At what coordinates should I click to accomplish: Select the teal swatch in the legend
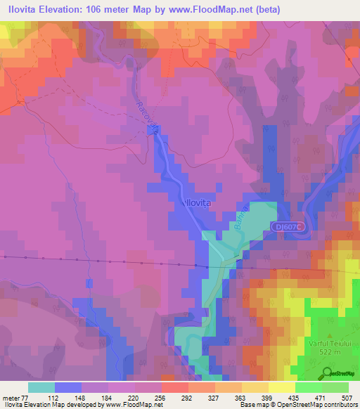(x=41, y=387)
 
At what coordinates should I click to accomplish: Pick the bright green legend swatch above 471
(x=308, y=387)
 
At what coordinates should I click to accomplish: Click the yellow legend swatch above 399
(x=255, y=387)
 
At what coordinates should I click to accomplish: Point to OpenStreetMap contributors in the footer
(x=320, y=405)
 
